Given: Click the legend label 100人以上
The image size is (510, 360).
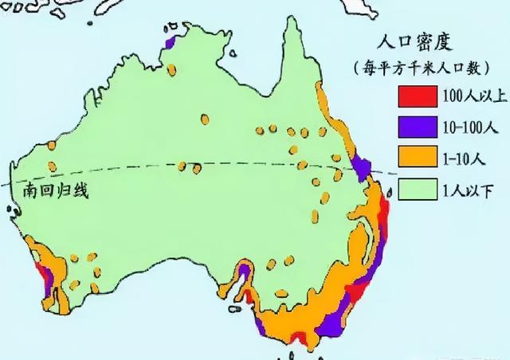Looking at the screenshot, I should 469,97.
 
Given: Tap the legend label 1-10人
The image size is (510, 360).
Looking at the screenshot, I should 463,158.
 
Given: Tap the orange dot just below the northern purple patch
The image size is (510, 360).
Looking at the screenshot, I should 171,62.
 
